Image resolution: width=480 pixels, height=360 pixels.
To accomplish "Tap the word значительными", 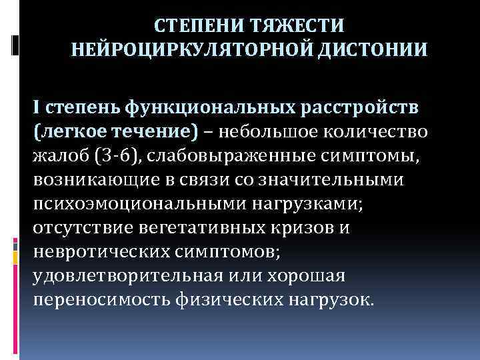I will tap(341, 181).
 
